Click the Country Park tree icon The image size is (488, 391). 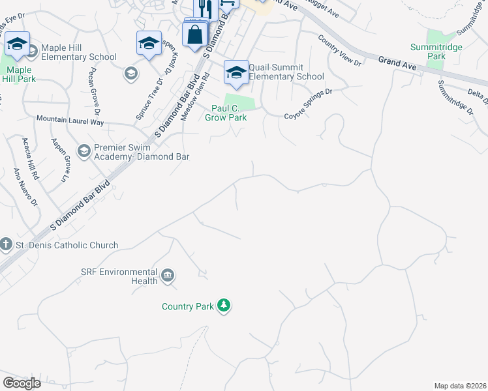pyautogui.click(x=224, y=306)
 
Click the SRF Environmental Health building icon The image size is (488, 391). pyautogui.click(x=168, y=276)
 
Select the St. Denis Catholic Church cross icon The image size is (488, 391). pyautogui.click(x=6, y=245)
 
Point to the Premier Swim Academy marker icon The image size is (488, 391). pyautogui.click(x=84, y=152)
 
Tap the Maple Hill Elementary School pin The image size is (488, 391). pyautogui.click(x=17, y=44)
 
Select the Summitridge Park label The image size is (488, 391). pyautogui.click(x=428, y=51)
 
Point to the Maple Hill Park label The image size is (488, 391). pyautogui.click(x=19, y=74)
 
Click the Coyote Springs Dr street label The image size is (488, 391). pyautogui.click(x=308, y=104)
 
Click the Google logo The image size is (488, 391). pyautogui.click(x=22, y=383)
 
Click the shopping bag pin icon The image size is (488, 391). pyautogui.click(x=195, y=35)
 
